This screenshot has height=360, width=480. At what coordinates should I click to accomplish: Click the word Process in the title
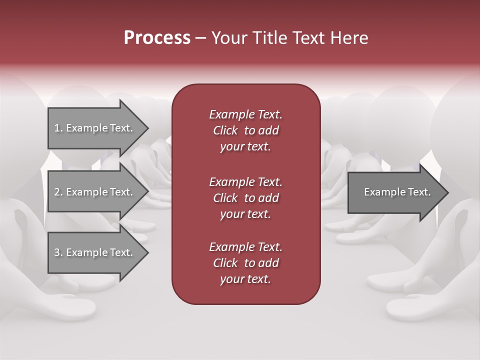[157, 38]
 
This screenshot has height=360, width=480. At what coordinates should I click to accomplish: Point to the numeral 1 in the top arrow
[57, 128]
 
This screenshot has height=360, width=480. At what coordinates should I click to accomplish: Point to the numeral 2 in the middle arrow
[57, 192]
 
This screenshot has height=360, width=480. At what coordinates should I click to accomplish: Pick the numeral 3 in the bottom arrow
[57, 252]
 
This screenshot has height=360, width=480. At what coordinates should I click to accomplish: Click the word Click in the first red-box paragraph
[225, 131]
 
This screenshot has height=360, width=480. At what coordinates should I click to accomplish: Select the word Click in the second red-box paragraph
[225, 198]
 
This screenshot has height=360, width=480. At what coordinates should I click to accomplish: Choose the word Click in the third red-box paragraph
[225, 263]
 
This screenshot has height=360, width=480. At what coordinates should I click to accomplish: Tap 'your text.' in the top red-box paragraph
[245, 147]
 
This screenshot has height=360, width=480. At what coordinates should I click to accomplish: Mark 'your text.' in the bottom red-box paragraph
[245, 279]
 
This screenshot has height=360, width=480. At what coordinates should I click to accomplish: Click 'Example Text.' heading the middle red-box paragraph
[245, 181]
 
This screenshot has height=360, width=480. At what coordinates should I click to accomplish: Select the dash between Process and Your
[200, 38]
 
